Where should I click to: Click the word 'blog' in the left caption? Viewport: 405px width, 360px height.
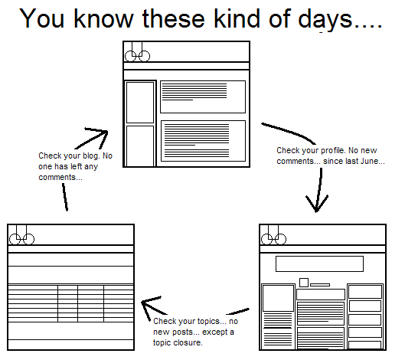[84, 156]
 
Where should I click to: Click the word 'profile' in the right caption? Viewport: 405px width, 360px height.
[326, 150]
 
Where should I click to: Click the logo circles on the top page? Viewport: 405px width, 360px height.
[136, 55]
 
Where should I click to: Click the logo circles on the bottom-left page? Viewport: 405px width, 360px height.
[22, 238]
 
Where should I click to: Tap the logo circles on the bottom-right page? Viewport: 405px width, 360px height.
[272, 238]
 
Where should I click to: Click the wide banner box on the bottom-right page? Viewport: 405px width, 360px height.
[318, 263]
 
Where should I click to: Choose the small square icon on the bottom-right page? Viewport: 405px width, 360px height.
[304, 283]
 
